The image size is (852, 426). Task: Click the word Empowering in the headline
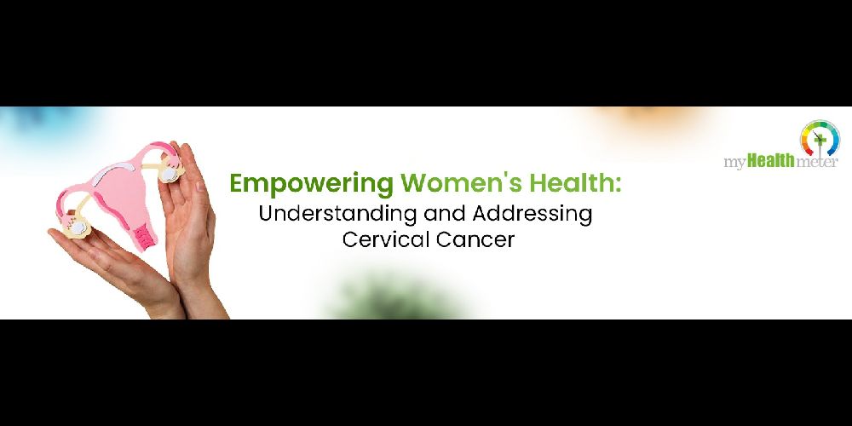tap(311, 184)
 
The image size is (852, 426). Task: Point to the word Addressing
tap(532, 214)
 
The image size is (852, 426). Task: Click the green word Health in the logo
tap(770, 160)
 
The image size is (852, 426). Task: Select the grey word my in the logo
tap(735, 163)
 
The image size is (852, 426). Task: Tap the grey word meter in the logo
tap(816, 162)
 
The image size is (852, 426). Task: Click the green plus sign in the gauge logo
tap(820, 139)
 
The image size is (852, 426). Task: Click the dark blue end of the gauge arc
tap(832, 151)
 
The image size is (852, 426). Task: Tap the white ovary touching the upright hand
tap(169, 173)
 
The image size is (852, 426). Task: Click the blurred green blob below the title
tap(395, 297)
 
